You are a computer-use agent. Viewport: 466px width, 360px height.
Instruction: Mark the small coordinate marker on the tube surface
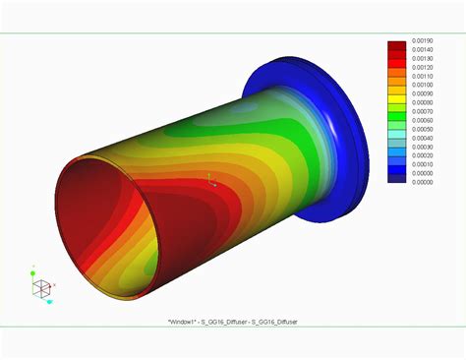click(x=208, y=179)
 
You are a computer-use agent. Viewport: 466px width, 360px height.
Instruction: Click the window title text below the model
click(x=233, y=320)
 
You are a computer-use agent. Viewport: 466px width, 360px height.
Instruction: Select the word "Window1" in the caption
click(x=184, y=320)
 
